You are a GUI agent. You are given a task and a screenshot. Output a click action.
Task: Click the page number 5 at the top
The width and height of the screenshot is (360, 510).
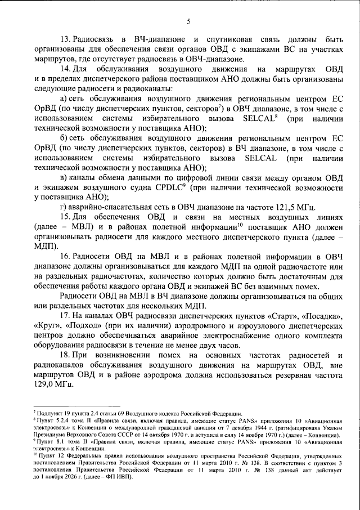pyautogui.click(x=188, y=22)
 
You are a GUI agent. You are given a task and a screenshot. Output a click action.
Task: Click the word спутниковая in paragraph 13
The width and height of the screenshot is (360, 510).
pyautogui.click(x=234, y=39)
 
